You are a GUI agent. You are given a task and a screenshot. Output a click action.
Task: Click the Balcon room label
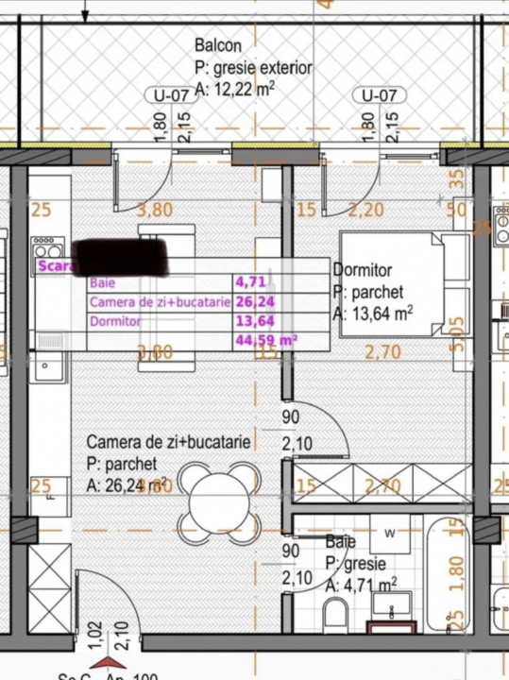(218, 45)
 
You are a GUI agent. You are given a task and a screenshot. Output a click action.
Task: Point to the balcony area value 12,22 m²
(235, 91)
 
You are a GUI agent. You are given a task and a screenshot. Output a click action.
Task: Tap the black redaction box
(120, 257)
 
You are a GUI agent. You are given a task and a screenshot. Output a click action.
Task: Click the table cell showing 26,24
(250, 302)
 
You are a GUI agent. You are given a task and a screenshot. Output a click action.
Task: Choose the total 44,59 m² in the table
(266, 340)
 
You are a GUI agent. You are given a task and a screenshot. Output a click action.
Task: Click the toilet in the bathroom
(336, 616)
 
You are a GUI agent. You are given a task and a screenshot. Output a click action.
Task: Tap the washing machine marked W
(391, 535)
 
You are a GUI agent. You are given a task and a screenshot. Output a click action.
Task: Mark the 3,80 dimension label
(156, 211)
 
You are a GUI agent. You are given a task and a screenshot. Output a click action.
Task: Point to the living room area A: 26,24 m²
(127, 485)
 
